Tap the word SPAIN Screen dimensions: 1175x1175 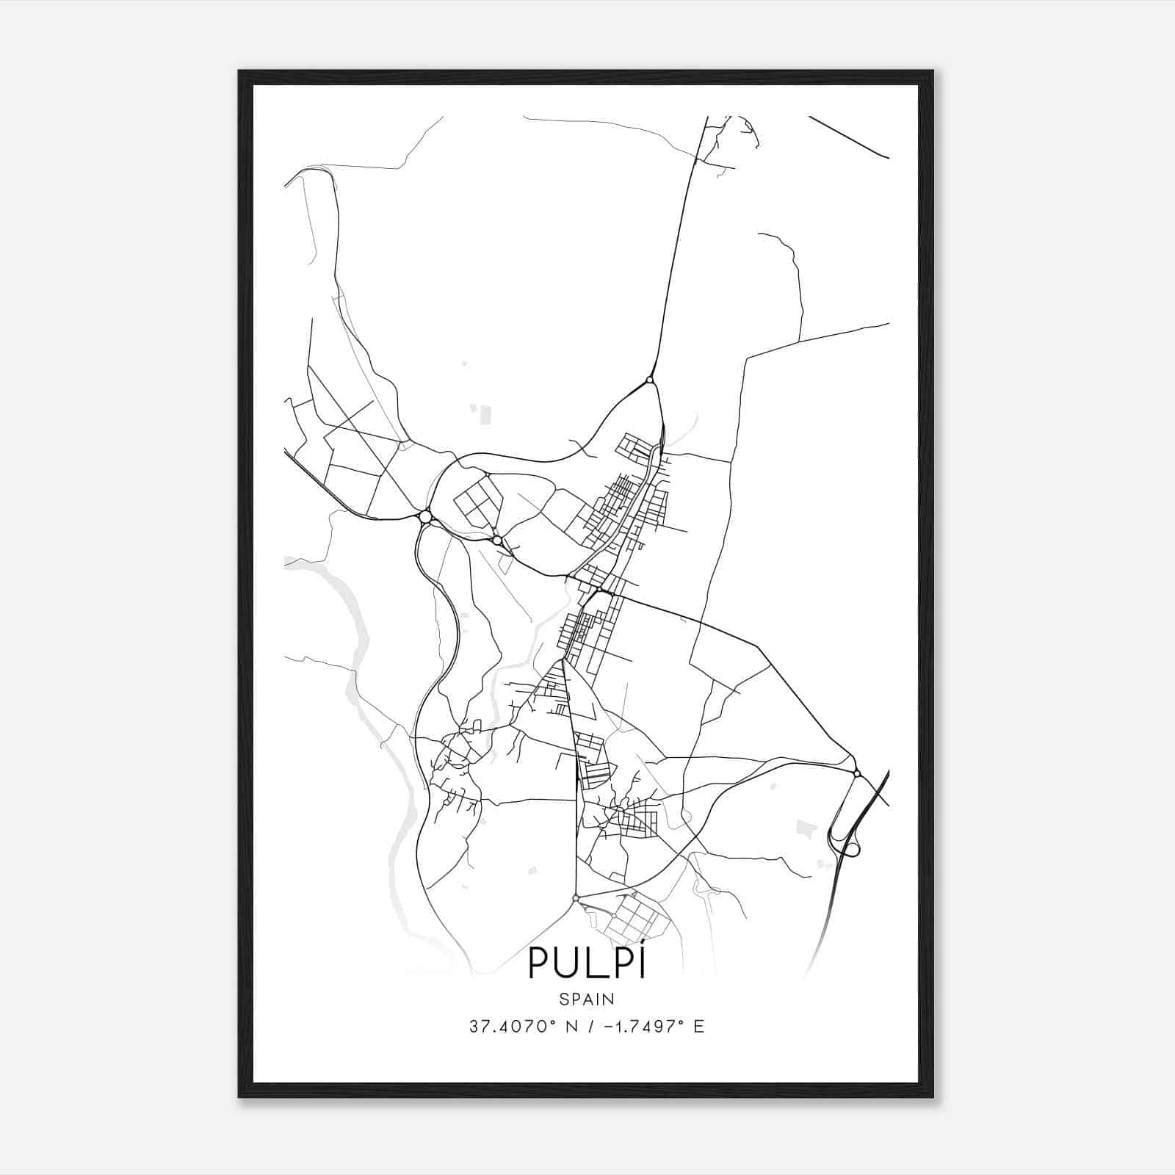(x=586, y=999)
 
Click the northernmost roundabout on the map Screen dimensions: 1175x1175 (x=650, y=380)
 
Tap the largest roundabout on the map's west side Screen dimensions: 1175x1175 (x=425, y=517)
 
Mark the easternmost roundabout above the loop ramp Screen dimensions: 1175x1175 (x=856, y=773)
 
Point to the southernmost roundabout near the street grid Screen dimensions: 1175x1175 (x=576, y=897)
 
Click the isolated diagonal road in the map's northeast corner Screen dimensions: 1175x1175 (x=849, y=137)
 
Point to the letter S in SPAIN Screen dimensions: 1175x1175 (x=563, y=999)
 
